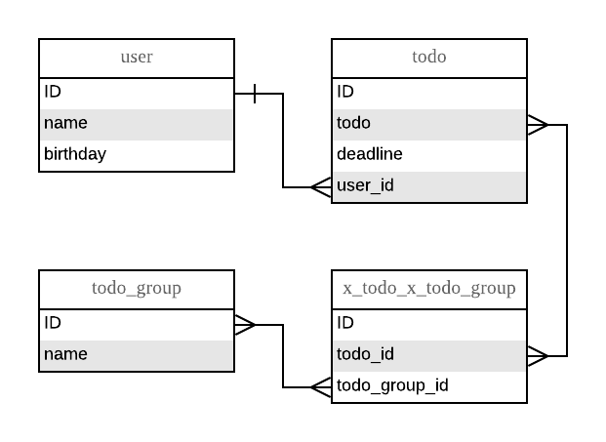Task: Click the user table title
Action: click(137, 57)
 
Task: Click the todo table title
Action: click(429, 57)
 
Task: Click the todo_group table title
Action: click(137, 289)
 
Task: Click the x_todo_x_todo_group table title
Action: click(429, 289)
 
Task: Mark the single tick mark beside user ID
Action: click(255, 94)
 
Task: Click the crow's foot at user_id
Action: click(322, 187)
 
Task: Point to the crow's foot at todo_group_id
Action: click(322, 387)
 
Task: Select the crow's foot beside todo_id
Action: click(538, 356)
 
